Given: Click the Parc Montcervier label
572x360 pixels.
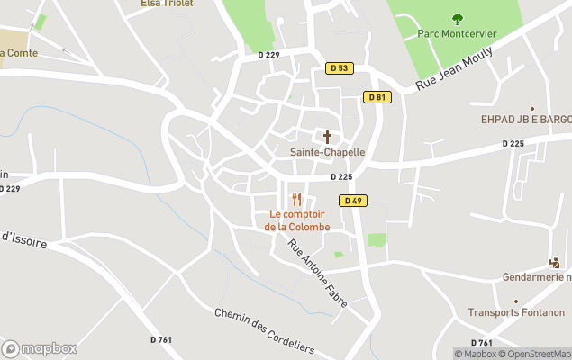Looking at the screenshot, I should [457, 33].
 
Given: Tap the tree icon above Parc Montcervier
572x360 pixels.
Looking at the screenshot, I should [457, 17].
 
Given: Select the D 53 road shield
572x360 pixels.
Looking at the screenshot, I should [339, 67].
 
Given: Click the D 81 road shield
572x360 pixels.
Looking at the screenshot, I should [378, 97].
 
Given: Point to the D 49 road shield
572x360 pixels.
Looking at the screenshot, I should [352, 201].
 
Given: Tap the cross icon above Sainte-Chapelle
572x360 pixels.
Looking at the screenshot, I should [327, 137].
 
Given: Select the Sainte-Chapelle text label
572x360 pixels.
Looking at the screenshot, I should [327, 152].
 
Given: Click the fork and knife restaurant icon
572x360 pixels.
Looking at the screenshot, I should [296, 199].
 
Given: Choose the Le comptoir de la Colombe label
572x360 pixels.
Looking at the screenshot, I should [296, 220].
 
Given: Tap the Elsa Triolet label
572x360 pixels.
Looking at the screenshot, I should [163, 4].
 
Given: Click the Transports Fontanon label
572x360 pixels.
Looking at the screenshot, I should [516, 313].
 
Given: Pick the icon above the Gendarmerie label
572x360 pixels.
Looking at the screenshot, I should [554, 262].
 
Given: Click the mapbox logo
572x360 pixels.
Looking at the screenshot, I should [39, 348].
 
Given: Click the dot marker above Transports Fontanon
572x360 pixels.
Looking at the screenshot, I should [516, 301].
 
